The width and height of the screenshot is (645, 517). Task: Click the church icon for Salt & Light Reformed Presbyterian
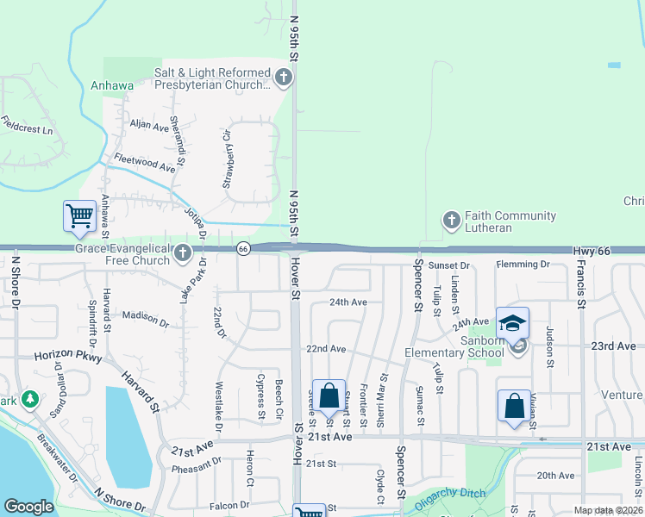tap(283, 78)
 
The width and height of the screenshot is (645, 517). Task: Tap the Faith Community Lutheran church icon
tap(451, 221)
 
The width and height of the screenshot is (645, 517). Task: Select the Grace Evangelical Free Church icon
tap(182, 253)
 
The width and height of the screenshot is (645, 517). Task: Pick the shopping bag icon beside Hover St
tap(329, 396)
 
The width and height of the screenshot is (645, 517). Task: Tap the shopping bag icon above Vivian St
tap(514, 406)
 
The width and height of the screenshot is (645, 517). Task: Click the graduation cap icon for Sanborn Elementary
tap(512, 323)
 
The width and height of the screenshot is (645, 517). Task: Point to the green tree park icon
tap(30, 400)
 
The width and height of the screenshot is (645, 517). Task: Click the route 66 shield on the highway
tap(244, 249)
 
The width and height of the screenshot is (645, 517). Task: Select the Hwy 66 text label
tap(592, 251)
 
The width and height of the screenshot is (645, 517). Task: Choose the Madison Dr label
tap(146, 320)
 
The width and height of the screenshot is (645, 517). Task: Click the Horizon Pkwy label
tap(68, 356)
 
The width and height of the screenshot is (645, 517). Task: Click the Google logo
tap(28, 507)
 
